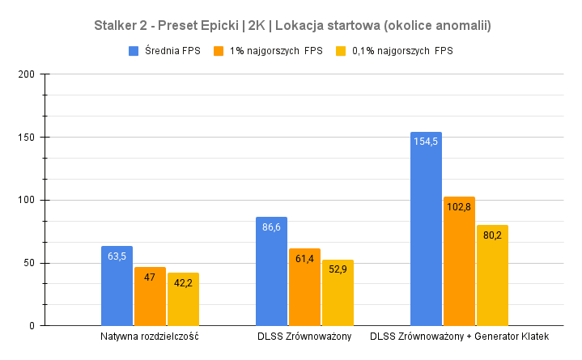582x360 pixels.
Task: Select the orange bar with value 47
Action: (150, 296)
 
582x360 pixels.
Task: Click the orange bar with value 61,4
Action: (304, 286)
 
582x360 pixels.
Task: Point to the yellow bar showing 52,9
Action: (338, 292)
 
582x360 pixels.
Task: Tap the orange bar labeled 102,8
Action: (459, 260)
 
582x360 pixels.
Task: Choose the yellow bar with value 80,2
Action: (492, 275)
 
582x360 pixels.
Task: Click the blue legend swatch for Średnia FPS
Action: (134, 51)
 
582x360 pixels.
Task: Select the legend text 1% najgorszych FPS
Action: (276, 51)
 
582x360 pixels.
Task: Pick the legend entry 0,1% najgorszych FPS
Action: (402, 51)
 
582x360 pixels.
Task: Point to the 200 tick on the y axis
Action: (26, 74)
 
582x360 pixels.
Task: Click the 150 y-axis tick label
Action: (26, 138)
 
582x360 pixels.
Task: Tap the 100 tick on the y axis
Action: (26, 200)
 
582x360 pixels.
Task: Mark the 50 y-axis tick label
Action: (28, 263)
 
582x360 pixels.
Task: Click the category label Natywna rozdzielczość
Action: (150, 336)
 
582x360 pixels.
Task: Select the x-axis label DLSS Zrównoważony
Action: (304, 336)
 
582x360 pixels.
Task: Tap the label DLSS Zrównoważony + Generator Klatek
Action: (459, 336)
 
